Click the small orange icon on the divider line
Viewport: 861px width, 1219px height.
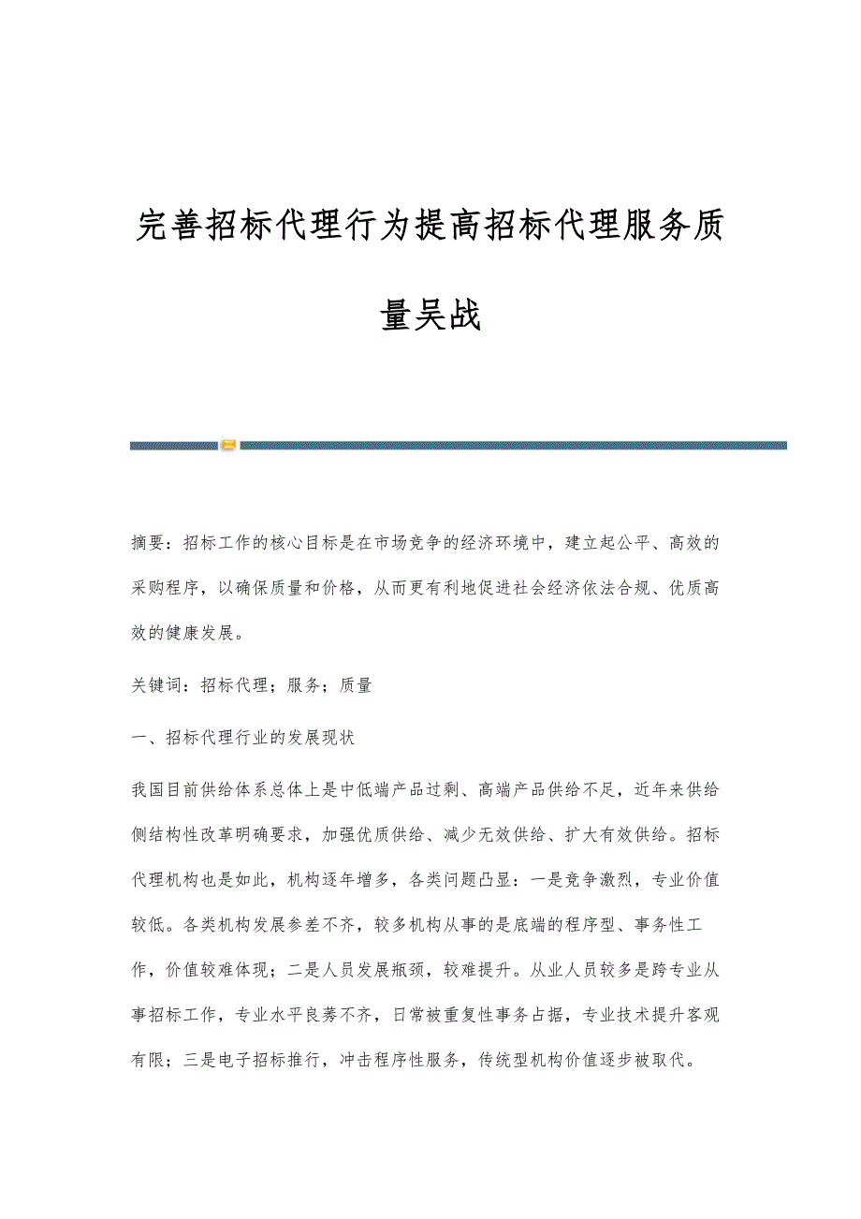click(228, 445)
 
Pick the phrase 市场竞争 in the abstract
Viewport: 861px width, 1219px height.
click(437, 543)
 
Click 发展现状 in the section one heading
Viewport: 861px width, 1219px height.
click(320, 737)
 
